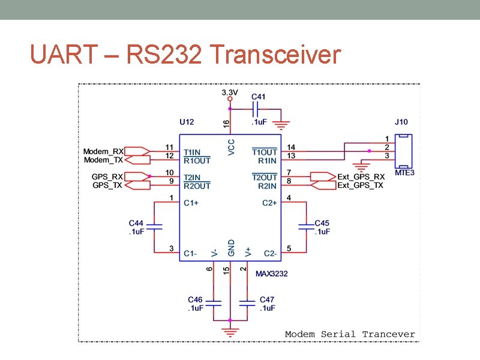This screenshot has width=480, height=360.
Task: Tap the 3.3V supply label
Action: [x=230, y=92]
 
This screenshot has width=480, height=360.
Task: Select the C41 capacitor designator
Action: [x=258, y=96]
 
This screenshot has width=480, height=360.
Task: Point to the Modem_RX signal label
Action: [x=104, y=151]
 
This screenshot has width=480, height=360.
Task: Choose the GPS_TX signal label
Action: [x=107, y=185]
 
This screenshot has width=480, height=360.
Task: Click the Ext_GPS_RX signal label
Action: [x=361, y=177]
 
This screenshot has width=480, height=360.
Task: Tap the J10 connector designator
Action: [x=401, y=122]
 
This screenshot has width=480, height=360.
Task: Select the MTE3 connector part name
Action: [x=404, y=173]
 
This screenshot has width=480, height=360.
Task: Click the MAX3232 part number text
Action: [x=272, y=274]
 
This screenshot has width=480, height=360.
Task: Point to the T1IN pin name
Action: [x=193, y=152]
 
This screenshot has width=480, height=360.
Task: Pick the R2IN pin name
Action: [x=268, y=186]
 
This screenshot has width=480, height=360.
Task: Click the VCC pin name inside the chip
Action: [x=232, y=148]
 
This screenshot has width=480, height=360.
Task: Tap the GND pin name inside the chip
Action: [x=232, y=247]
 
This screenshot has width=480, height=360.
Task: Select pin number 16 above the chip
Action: [x=226, y=123]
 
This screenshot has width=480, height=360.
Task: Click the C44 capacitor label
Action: [x=136, y=223]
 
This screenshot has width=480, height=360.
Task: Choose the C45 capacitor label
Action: [x=322, y=223]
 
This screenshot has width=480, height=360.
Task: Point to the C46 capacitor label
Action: [x=195, y=299]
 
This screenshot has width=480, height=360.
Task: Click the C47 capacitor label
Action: [x=267, y=299]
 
